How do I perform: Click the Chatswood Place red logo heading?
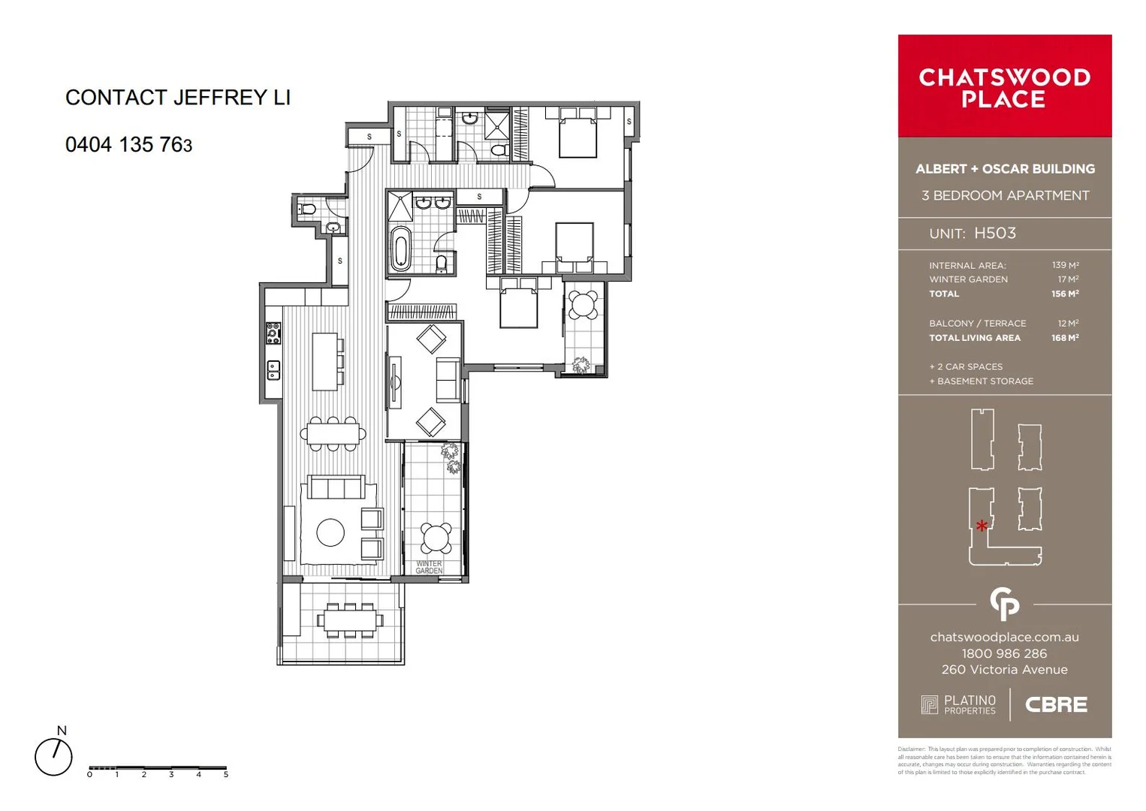click(1004, 88)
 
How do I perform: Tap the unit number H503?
click(994, 234)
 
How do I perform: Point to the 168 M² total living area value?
click(1065, 338)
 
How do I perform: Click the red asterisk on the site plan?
click(982, 526)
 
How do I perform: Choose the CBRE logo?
click(1056, 705)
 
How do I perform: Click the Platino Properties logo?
click(959, 704)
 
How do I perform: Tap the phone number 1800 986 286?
click(1004, 653)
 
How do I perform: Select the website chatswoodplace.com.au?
click(1004, 637)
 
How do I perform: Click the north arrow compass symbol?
click(54, 755)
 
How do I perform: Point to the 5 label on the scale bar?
click(225, 774)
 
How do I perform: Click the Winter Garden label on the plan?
click(429, 567)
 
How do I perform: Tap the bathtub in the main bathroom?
click(400, 248)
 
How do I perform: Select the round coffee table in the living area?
click(330, 532)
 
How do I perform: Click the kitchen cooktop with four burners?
click(273, 333)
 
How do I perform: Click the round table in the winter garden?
click(436, 538)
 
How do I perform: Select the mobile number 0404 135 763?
click(128, 145)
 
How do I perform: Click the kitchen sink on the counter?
click(273, 369)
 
